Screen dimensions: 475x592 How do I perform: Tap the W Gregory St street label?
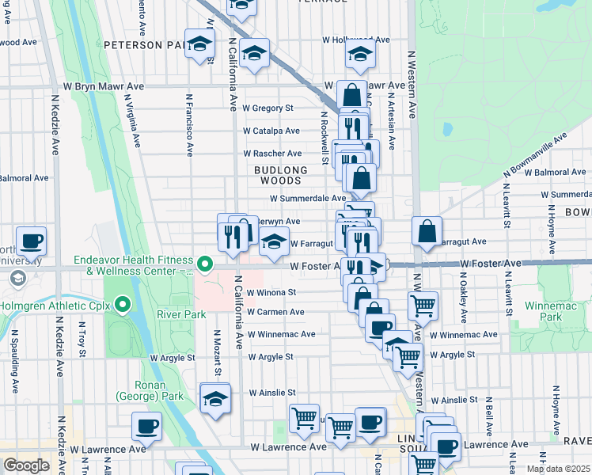tap(268, 108)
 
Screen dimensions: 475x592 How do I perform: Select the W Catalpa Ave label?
tap(271, 131)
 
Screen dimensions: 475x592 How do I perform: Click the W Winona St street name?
tap(271, 291)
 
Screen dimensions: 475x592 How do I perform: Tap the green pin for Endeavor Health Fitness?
tap(205, 264)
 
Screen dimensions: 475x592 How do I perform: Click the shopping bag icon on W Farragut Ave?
tap(427, 231)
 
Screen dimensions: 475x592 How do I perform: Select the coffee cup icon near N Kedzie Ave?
tap(31, 240)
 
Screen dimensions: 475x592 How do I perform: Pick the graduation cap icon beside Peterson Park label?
tap(200, 44)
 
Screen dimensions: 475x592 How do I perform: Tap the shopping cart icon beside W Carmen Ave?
tap(423, 304)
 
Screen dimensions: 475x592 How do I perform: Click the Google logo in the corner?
tap(26, 465)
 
